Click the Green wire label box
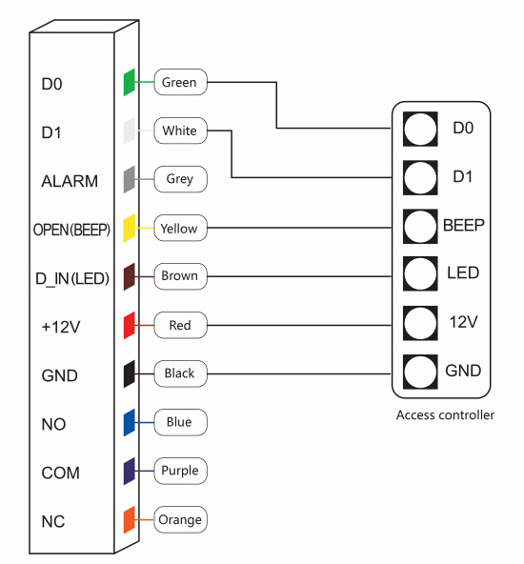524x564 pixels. (180, 82)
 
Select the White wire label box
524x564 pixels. (180, 131)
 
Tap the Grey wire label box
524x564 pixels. (180, 179)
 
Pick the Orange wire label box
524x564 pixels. (180, 519)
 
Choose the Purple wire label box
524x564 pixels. (180, 471)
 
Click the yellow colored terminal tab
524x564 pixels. (130, 228)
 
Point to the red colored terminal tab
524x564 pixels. (130, 325)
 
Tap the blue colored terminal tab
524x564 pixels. (130, 423)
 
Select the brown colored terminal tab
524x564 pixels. (130, 276)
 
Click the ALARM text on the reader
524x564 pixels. (70, 181)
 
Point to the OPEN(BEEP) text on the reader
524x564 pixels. (71, 230)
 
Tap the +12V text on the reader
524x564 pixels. (61, 327)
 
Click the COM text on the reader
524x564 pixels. (60, 473)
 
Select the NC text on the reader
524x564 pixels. (53, 521)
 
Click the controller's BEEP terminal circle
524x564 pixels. (420, 226)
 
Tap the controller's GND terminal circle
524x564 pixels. (420, 372)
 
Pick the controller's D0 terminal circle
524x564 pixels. (420, 129)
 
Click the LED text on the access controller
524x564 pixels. (463, 272)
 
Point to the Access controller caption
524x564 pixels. (445, 414)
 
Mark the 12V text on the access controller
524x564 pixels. (464, 322)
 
